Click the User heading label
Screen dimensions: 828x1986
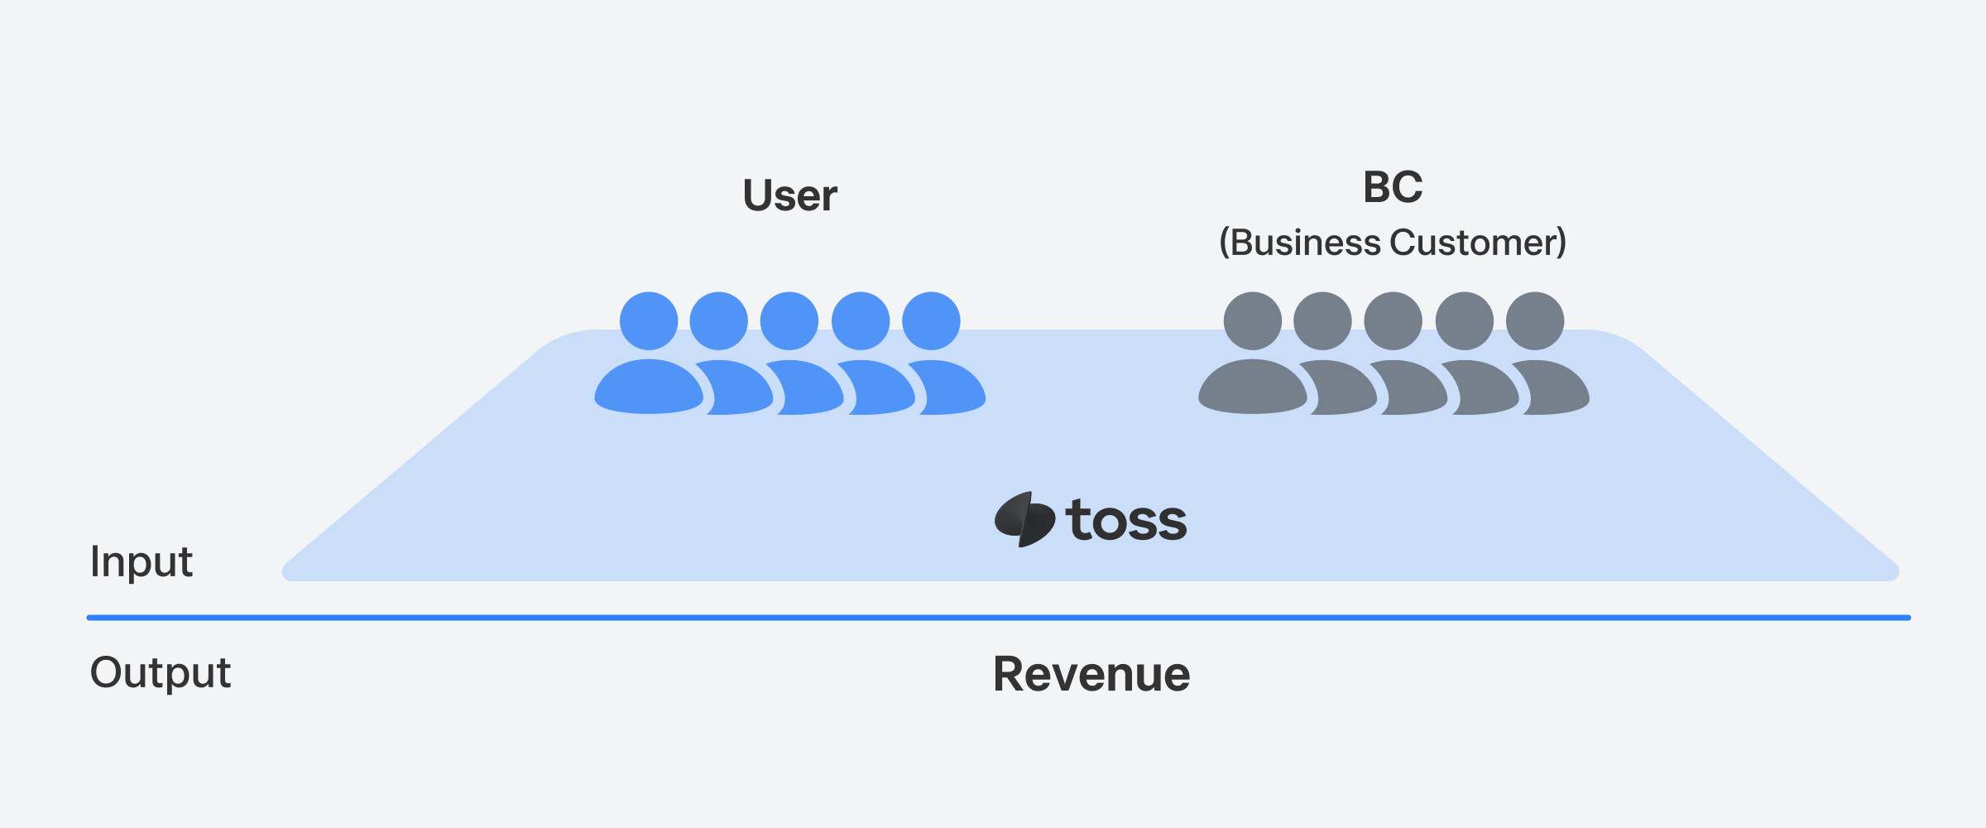tap(790, 196)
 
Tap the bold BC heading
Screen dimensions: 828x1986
tap(1393, 187)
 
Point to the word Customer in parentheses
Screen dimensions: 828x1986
tap(1473, 243)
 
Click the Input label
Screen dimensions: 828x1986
tap(141, 561)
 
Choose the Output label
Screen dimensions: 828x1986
tap(160, 672)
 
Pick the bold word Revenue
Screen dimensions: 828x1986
tap(1091, 674)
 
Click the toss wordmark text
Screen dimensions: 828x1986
tap(1126, 521)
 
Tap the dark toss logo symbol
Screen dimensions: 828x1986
tap(1024, 519)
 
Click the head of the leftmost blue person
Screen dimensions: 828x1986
tap(649, 321)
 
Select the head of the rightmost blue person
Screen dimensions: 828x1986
tap(931, 321)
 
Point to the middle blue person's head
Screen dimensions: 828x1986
tap(789, 321)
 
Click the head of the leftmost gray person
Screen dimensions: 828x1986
tap(1253, 321)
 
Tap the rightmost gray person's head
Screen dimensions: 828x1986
tap(1535, 321)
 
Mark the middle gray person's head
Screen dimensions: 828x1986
tap(1394, 321)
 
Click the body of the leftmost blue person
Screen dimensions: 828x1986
tap(649, 388)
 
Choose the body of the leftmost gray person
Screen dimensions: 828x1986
tap(1253, 388)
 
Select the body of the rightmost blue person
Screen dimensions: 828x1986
tap(952, 389)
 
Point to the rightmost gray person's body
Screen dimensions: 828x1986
tap(1556, 389)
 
